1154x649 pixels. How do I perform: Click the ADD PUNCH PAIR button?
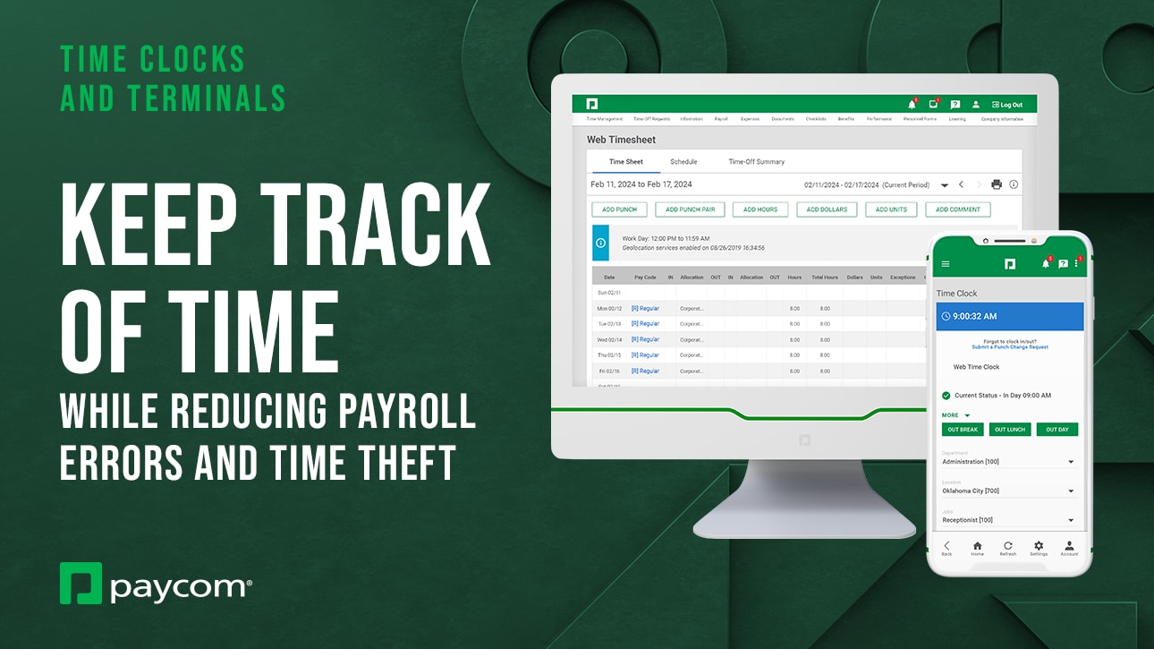690,209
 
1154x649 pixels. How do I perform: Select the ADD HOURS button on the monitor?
759,209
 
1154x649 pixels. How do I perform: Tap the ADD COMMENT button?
957,209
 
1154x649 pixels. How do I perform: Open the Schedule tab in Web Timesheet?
683,162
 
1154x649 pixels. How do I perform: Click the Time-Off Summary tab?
756,162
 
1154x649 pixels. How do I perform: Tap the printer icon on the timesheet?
997,184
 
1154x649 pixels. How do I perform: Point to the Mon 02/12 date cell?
609,308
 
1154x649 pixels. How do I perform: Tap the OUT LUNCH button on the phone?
1009,430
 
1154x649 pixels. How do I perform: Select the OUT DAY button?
1056,430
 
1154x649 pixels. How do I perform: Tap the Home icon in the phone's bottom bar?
977,548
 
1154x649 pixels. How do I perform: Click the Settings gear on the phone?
1039,548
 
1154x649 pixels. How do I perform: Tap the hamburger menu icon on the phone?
946,264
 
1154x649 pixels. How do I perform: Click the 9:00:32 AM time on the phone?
974,316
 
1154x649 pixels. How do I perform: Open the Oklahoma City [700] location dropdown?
1008,491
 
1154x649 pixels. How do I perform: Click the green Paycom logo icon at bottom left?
81,583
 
